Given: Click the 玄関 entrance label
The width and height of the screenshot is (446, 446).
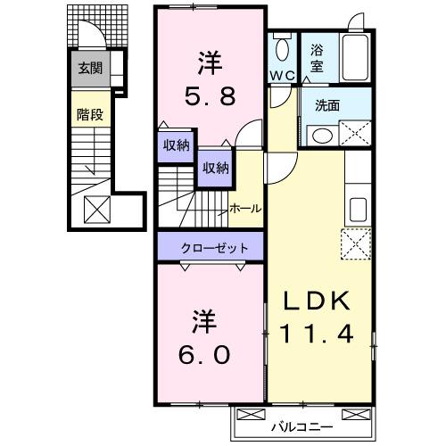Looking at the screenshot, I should pyautogui.click(x=88, y=67).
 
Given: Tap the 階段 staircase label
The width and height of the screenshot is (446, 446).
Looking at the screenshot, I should pyautogui.click(x=87, y=113).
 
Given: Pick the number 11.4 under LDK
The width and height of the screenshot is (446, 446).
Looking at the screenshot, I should pyautogui.click(x=319, y=335).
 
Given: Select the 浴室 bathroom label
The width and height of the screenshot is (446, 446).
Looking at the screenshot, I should pyautogui.click(x=317, y=59).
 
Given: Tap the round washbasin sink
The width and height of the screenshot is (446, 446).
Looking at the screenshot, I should pyautogui.click(x=320, y=136).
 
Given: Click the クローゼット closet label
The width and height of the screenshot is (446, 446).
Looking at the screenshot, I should pyautogui.click(x=211, y=246).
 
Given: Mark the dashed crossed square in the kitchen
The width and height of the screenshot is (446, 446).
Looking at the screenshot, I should pyautogui.click(x=355, y=243).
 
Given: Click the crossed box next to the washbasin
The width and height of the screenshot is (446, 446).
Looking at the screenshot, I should pyautogui.click(x=355, y=135).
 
